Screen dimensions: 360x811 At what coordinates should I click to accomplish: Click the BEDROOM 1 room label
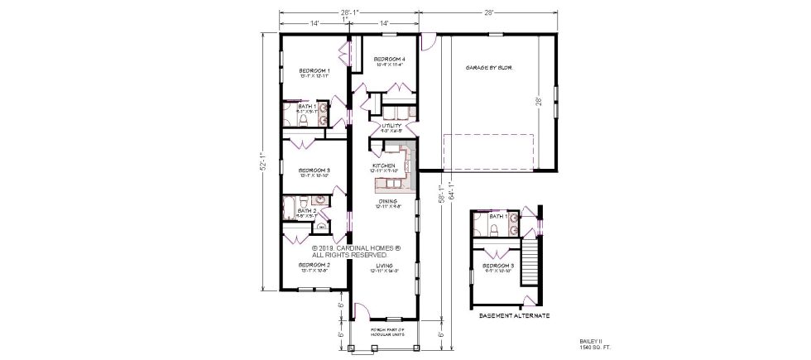point(314,71)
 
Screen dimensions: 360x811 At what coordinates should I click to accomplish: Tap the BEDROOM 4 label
point(388,60)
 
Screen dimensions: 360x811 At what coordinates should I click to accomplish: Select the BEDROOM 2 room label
point(314,265)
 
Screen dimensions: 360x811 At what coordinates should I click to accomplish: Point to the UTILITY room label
point(391,126)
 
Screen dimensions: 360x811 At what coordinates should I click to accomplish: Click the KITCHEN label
point(384,166)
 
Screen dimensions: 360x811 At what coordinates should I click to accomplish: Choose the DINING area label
point(386,201)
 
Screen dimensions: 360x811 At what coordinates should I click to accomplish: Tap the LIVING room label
point(385,266)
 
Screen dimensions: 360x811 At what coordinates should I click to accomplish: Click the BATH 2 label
point(306,211)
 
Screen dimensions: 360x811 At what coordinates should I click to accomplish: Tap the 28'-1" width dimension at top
point(348,12)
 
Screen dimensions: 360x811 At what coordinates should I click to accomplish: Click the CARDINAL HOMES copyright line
point(357,247)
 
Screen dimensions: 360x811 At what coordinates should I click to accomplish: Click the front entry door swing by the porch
point(361,311)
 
